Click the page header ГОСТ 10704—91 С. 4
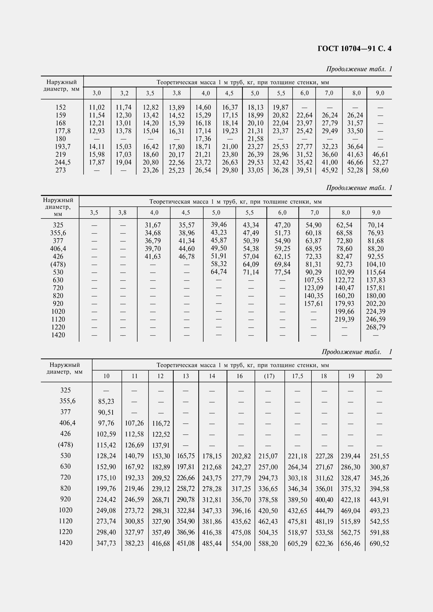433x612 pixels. click(x=354, y=49)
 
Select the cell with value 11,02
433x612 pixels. click(x=97, y=108)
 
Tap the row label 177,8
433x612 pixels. click(x=61, y=131)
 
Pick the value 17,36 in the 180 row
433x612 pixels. click(x=203, y=139)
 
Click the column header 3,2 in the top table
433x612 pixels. click(x=124, y=93)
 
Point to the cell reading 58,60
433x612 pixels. click(x=380, y=170)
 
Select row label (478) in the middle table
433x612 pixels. click(x=58, y=264)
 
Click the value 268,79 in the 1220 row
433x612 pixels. click(x=376, y=327)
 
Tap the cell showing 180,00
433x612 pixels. click(x=376, y=296)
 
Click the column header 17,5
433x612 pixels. click(x=298, y=376)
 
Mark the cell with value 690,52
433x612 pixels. click(x=379, y=543)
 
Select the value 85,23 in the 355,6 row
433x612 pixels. click(x=106, y=401)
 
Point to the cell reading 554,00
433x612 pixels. click(x=241, y=543)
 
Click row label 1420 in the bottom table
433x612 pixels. click(x=65, y=543)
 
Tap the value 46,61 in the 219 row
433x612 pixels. click(x=380, y=155)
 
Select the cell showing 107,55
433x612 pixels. click(x=314, y=280)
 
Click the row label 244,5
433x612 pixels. click(x=61, y=162)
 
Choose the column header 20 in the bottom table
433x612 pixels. click(x=379, y=376)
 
